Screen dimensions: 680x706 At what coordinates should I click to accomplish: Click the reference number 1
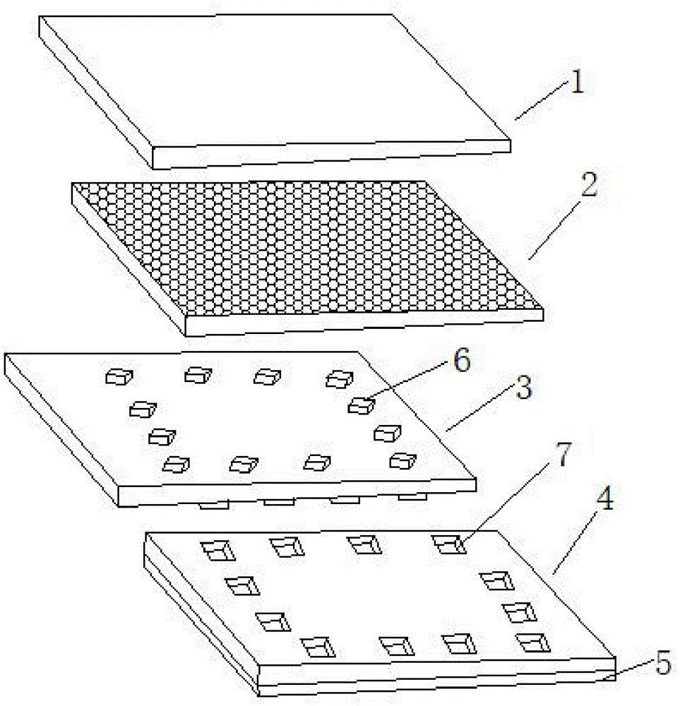(577, 84)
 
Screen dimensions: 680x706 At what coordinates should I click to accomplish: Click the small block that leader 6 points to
(362, 405)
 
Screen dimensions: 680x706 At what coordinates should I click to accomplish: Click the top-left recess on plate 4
(217, 550)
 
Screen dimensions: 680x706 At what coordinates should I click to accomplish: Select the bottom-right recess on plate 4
(532, 642)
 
